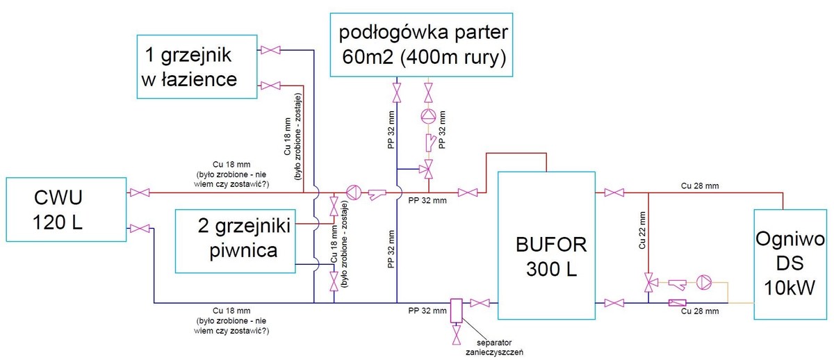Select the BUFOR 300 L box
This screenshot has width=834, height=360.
pos(546,245)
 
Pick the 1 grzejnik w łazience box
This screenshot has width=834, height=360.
pos(198,66)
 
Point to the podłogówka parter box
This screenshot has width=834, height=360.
pos(423,44)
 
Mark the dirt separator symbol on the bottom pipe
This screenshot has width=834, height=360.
pos(457,309)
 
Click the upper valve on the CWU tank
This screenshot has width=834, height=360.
pos(137,192)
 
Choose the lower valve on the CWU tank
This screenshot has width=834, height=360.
pos(137,227)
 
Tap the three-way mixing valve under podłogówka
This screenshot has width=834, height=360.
pos(429,168)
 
